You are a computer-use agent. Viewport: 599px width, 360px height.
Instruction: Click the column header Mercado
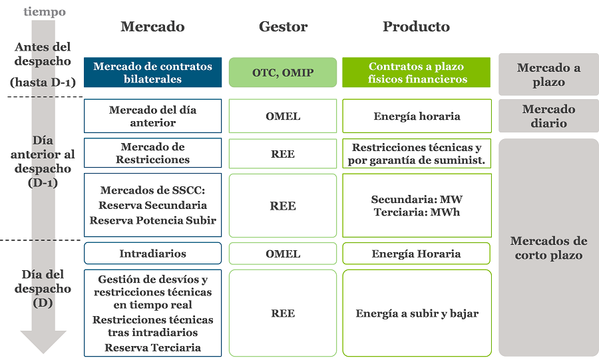coord(152,27)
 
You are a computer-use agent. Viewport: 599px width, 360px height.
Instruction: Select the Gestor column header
coord(283,27)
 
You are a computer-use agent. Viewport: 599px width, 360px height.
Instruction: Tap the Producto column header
coord(416,27)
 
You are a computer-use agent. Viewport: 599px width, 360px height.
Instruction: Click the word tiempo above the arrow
coord(45,11)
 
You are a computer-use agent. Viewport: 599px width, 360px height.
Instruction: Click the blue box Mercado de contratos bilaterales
coord(153,72)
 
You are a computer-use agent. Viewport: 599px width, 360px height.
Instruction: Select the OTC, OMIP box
coord(283,72)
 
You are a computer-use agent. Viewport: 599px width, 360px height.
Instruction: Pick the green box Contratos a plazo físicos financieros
coord(417,72)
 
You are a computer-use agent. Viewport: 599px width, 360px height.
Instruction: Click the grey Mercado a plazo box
coord(548,75)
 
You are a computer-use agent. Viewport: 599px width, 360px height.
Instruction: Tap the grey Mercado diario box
coord(548,116)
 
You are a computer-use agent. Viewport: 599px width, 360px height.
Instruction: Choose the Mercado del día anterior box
coord(153,116)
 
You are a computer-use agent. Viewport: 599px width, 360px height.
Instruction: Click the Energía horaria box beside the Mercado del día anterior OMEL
coord(417,116)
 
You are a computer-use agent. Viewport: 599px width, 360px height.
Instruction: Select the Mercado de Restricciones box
coord(153,152)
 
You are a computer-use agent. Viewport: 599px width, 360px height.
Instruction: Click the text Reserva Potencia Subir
coord(153,220)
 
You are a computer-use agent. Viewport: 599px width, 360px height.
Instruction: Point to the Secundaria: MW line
coord(417,199)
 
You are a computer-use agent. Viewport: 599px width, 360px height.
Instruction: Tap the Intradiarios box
coord(153,254)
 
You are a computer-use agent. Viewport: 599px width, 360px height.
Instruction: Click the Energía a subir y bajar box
coord(417,313)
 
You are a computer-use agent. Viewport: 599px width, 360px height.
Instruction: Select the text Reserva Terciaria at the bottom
coord(153,347)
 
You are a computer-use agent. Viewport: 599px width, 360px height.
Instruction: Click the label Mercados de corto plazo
coord(548,248)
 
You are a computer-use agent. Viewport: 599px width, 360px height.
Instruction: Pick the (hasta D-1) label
coord(43,83)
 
